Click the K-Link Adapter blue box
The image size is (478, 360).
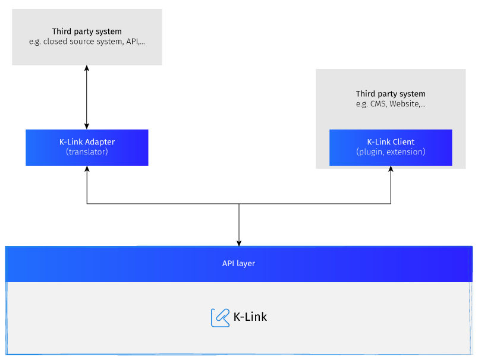(x=87, y=147)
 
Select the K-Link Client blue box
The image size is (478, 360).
(x=391, y=147)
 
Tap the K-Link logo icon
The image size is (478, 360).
(x=220, y=317)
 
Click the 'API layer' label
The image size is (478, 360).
(x=238, y=263)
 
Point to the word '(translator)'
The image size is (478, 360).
(x=87, y=152)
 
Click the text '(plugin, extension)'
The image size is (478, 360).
(x=391, y=152)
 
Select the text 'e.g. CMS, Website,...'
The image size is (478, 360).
(x=391, y=104)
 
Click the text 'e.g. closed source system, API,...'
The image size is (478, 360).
(x=87, y=42)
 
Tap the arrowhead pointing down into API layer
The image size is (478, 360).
(x=239, y=242)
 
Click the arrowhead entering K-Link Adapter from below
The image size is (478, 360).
(x=87, y=169)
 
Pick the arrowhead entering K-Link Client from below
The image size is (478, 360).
(x=391, y=169)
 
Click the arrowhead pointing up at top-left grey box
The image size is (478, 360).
(x=87, y=68)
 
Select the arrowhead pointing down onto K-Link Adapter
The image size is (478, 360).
(x=87, y=126)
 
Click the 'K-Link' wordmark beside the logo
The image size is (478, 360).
(x=250, y=317)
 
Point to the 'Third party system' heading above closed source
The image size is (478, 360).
(x=87, y=31)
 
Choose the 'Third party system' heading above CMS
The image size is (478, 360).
(x=391, y=94)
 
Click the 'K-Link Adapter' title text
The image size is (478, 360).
(x=87, y=142)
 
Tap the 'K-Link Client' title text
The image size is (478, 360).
(x=391, y=142)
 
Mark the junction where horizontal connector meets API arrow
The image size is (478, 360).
(x=239, y=204)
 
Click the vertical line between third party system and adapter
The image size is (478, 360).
(x=87, y=97)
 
